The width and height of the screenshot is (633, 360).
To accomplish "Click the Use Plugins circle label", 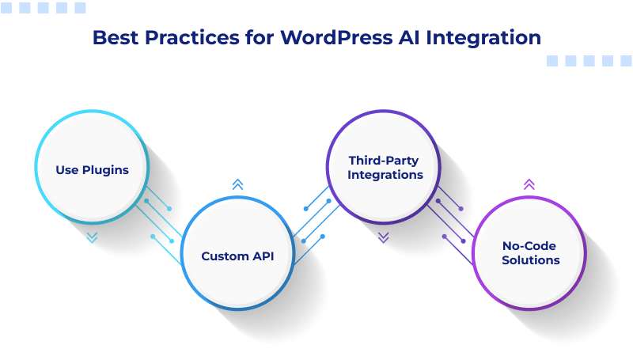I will (92, 169).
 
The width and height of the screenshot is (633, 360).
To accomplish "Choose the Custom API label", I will (237, 256).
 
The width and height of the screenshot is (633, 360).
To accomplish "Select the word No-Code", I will (529, 245).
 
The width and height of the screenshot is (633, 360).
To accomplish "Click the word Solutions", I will (530, 260).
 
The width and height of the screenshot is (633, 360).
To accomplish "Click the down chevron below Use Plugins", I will (92, 237).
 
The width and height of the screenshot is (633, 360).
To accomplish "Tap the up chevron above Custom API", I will (237, 184).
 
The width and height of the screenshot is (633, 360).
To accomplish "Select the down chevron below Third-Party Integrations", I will (384, 237).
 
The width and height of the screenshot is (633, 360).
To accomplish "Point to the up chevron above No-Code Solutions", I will (529, 184).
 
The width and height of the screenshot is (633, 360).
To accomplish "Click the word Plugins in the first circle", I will (105, 169).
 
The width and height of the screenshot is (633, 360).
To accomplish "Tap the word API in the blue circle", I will (262, 256).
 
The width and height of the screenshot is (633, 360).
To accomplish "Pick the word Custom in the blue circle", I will (225, 256).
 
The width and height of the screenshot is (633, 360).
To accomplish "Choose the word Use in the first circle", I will (66, 169).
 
